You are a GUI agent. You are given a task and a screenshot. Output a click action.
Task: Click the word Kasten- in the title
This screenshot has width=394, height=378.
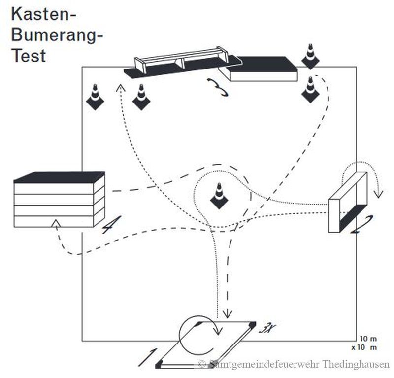tap(43, 14)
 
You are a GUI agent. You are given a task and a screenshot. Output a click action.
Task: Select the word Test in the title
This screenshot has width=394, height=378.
tap(29, 55)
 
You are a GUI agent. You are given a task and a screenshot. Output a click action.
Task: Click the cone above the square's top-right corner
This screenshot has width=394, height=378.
tap(310, 56)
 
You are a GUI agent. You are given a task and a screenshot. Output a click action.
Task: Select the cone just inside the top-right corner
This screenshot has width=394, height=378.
tap(310, 89)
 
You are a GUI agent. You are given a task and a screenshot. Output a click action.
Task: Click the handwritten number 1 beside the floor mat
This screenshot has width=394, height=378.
tap(148, 357)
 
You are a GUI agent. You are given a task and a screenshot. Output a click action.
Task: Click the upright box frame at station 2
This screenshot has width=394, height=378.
tap(347, 202)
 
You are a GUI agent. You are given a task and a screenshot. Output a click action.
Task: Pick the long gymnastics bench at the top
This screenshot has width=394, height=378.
tap(182, 61)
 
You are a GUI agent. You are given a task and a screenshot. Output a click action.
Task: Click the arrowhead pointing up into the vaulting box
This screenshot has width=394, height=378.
tap(56, 224)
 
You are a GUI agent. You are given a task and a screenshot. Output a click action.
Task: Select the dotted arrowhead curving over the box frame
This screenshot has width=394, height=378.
tap(378, 193)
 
